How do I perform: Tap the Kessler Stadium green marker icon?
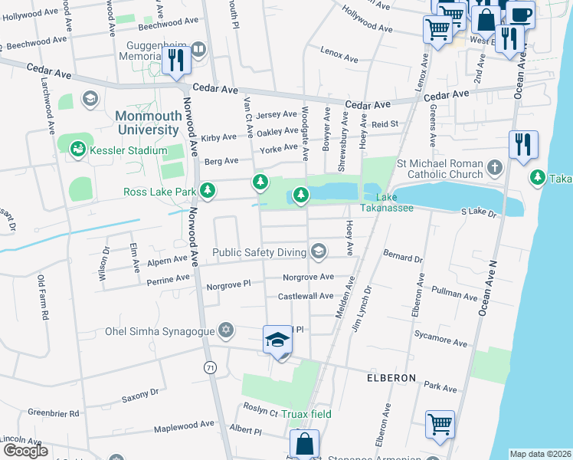(x=77, y=149)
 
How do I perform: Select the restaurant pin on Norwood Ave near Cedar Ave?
(x=177, y=60)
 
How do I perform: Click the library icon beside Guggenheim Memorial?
(x=198, y=51)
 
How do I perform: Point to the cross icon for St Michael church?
(x=495, y=166)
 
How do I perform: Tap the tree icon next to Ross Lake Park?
(x=208, y=190)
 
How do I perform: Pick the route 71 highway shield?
(x=210, y=368)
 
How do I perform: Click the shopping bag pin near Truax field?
(x=305, y=444)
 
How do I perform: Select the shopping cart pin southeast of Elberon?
(x=440, y=424)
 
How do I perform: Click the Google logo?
(x=25, y=450)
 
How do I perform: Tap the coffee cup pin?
(x=520, y=14)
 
